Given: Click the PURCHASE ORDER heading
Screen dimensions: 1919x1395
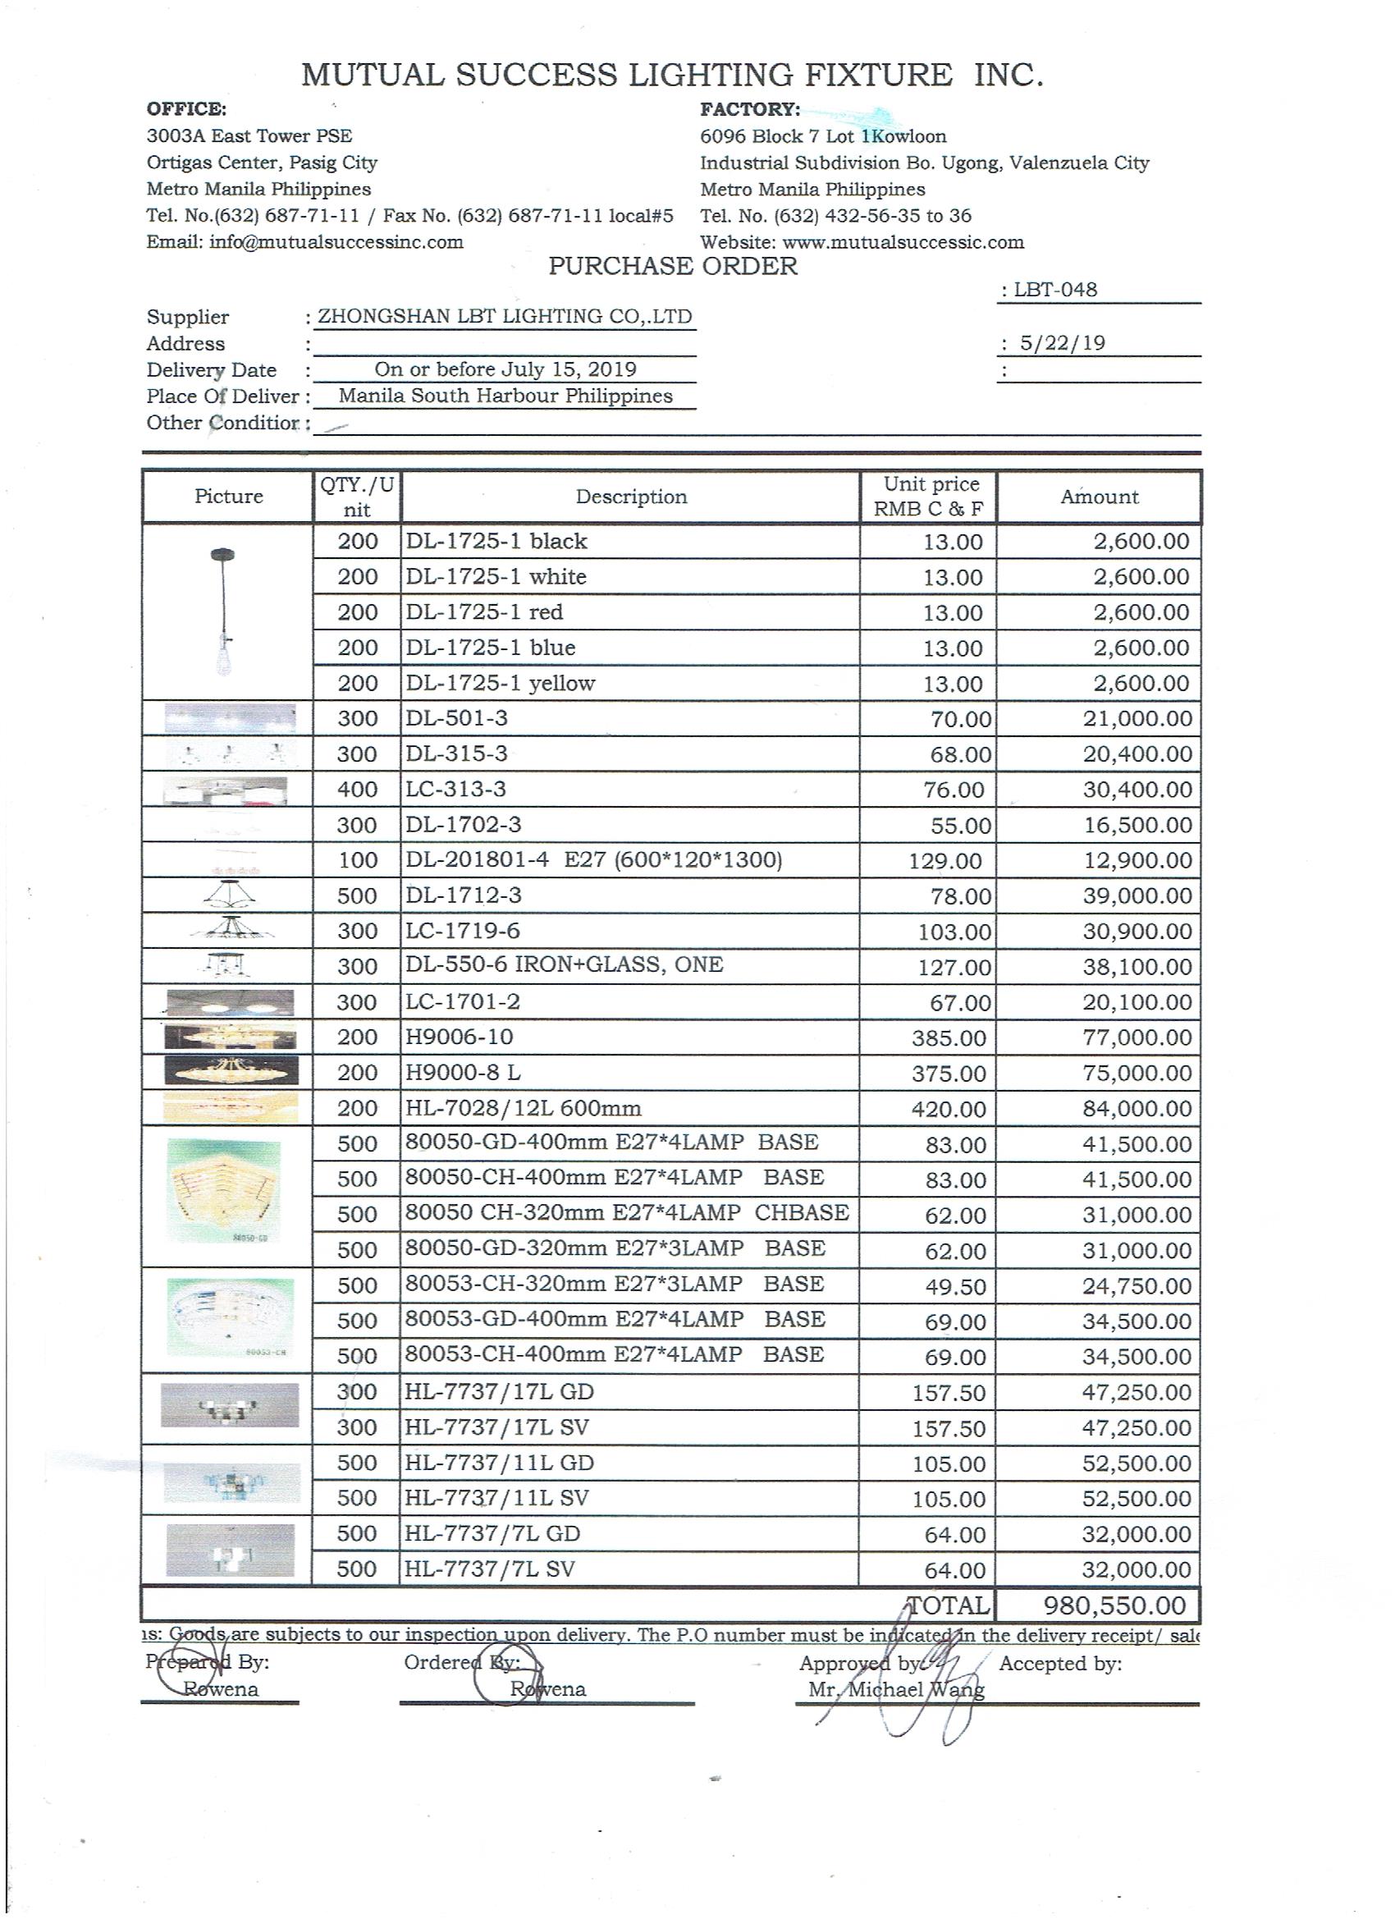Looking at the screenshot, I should tap(673, 267).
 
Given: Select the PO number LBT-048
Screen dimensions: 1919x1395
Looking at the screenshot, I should tap(1055, 290).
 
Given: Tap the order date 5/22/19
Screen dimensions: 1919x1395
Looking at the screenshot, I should tap(1063, 343).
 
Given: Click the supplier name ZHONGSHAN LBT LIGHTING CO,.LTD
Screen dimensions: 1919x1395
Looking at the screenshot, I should tap(504, 317).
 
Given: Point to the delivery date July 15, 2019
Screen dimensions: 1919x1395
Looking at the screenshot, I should tap(505, 369).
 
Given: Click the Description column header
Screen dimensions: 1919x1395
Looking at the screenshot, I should tap(631, 497).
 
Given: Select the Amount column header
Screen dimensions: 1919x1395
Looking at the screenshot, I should tap(1099, 497).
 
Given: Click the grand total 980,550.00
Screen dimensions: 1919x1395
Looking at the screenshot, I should tap(1114, 1605).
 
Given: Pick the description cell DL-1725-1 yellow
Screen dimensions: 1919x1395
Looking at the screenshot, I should tap(501, 683).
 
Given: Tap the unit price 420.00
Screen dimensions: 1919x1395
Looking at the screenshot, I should tap(949, 1108).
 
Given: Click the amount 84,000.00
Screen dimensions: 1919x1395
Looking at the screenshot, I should tap(1137, 1108).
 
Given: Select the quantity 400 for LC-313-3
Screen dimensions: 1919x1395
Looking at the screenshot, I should tap(357, 790).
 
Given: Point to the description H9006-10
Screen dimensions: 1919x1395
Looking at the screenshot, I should tap(460, 1037).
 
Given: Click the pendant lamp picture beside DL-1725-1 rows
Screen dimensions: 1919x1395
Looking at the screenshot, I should tap(224, 610).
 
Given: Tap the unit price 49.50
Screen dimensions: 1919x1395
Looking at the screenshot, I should tap(955, 1286).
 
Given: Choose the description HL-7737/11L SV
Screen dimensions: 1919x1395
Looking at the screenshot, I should tap(496, 1499).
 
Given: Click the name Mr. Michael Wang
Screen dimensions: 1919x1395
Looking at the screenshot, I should tap(896, 1690).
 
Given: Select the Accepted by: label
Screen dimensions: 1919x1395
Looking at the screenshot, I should tap(1060, 1664).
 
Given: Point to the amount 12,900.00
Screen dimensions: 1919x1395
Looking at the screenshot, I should tap(1138, 860).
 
